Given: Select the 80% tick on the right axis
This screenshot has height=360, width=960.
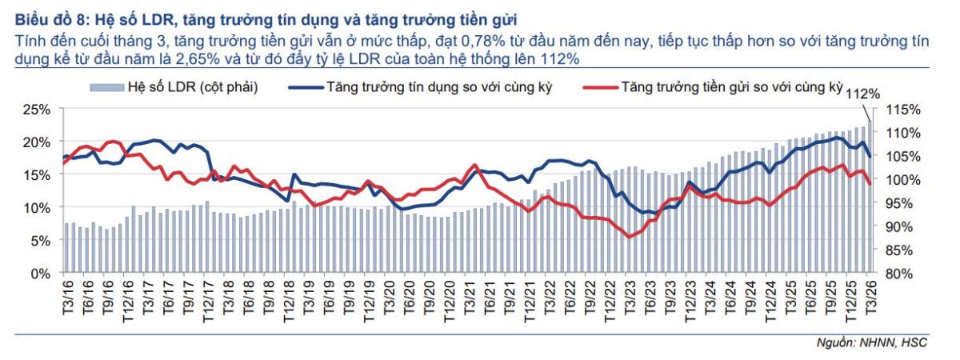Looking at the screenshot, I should click(x=902, y=274).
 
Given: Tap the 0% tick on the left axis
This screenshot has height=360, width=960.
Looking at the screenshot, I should click(x=41, y=274).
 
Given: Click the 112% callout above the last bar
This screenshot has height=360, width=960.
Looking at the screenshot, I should click(x=862, y=94).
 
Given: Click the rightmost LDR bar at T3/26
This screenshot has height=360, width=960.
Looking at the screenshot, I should click(x=869, y=200).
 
